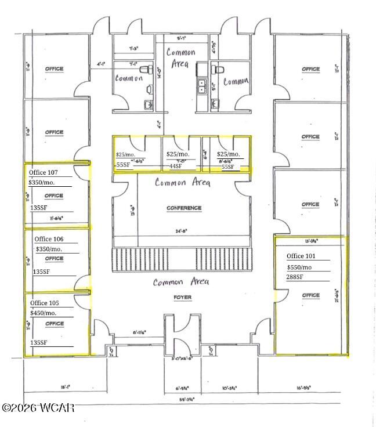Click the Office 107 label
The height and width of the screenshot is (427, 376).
pyautogui.click(x=44, y=172)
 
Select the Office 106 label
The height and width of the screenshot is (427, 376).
pyautogui.click(x=49, y=238)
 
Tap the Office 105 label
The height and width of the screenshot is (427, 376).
pyautogui.click(x=45, y=303)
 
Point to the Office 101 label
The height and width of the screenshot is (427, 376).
pyautogui.click(x=301, y=256)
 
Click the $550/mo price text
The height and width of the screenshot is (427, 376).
pyautogui.click(x=299, y=267)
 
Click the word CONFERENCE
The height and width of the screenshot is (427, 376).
pyautogui.click(x=184, y=208)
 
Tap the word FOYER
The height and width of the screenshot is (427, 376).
pyautogui.click(x=182, y=298)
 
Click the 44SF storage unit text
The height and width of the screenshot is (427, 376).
pyautogui.click(x=175, y=166)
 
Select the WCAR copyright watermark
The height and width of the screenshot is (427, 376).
pyautogui.click(x=38, y=408)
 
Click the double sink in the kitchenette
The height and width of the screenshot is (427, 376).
pyautogui.click(x=202, y=87)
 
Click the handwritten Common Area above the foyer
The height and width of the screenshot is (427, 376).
pyautogui.click(x=180, y=282)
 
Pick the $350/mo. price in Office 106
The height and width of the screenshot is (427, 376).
pyautogui.click(x=49, y=249)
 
